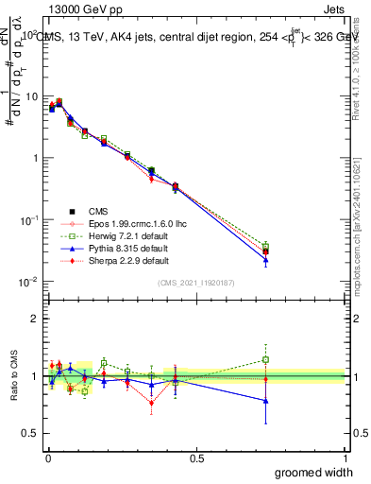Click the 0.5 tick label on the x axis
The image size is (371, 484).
point(196,458)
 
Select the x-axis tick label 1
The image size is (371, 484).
point(345,458)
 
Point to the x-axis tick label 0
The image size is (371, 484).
point(48,458)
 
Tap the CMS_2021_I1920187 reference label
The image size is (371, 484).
point(196,283)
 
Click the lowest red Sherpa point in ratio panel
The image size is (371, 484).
point(151,404)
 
